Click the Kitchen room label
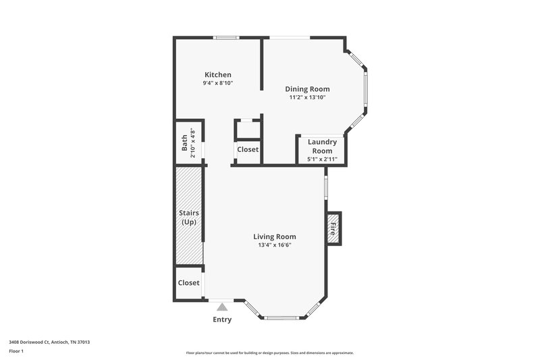point(218,74)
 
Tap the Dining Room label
point(307,88)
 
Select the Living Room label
point(275,236)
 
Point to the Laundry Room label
point(322,146)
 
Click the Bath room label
point(184,143)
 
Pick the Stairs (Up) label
point(188,217)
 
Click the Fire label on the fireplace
point(333,229)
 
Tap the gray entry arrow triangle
point(222,307)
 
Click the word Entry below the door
point(222,319)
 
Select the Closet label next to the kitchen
point(247,149)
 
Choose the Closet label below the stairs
point(188,283)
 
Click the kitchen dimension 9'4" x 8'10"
point(218,83)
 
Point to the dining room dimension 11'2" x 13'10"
point(307,97)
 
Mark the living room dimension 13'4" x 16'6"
point(275,245)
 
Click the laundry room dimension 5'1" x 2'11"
point(322,159)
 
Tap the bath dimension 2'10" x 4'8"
point(192,143)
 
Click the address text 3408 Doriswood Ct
point(49,342)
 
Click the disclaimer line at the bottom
point(269,353)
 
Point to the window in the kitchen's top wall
point(226,37)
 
